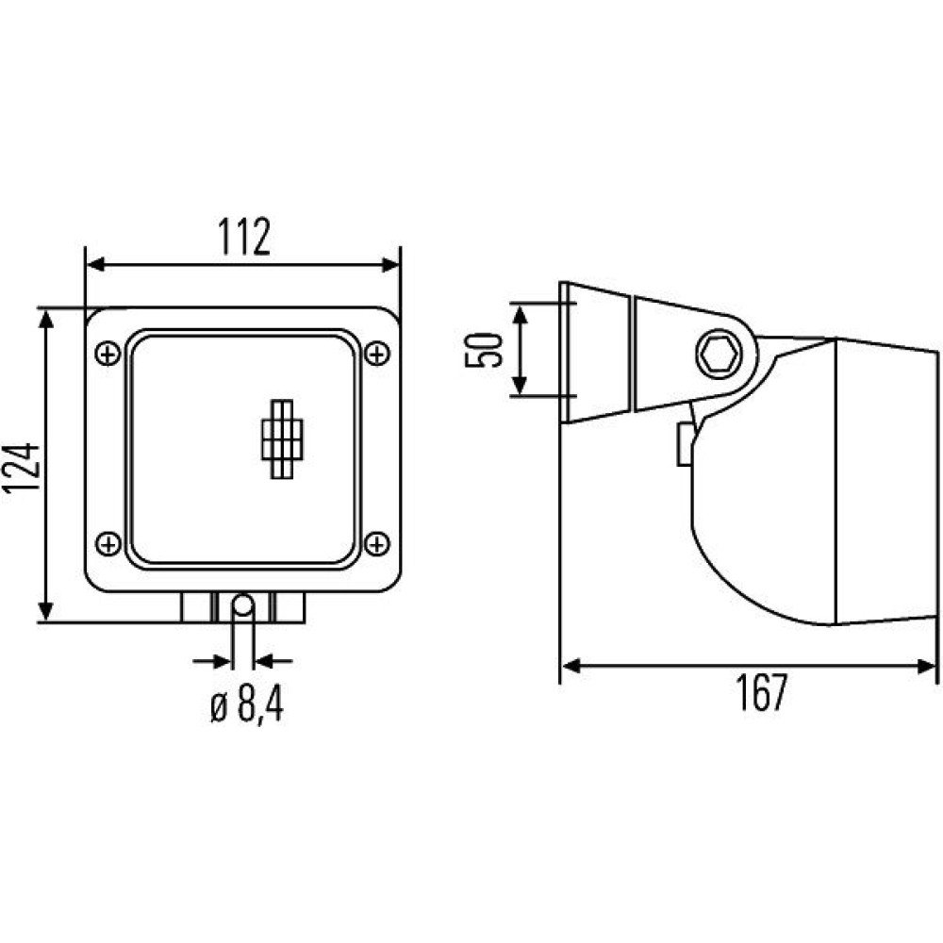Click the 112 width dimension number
pos(244,237)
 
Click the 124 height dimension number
pos(21,468)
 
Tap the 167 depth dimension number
pos(761,692)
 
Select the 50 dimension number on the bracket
pos(483,350)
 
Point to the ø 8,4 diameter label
pos(247,704)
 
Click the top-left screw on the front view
pos(108,354)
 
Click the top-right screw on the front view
pos(378,354)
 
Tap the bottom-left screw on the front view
pos(108,544)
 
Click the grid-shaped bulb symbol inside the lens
pos(283,439)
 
